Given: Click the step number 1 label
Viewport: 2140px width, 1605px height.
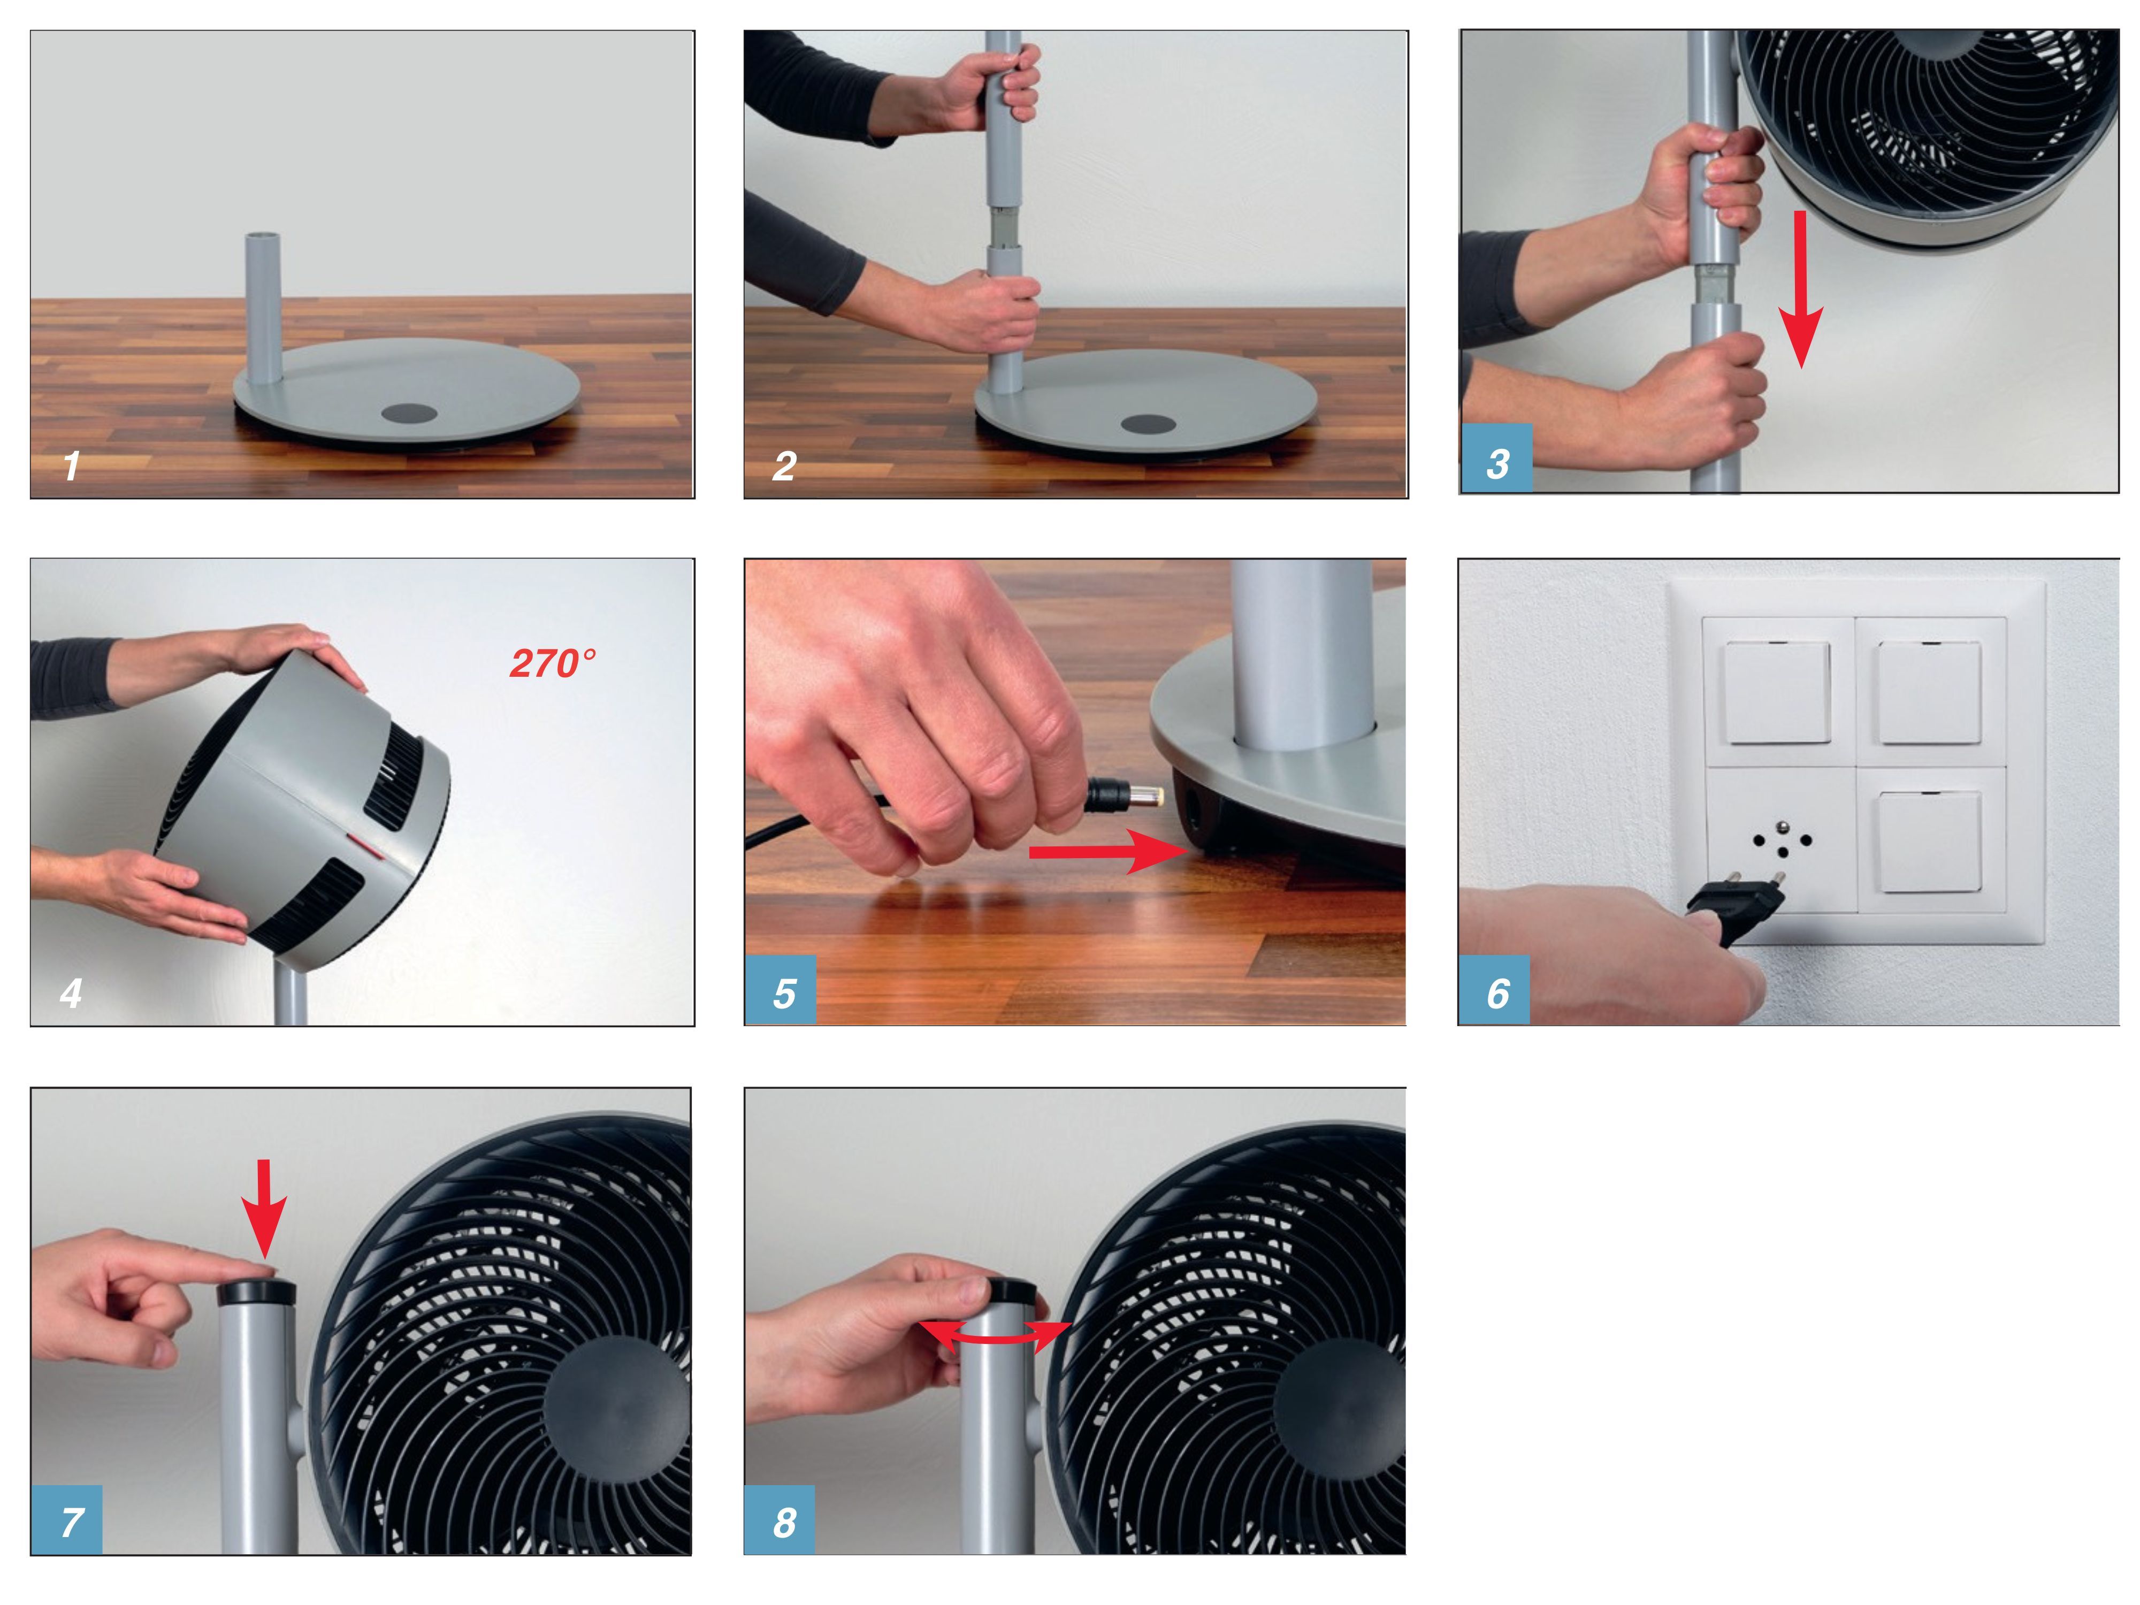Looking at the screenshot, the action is [71, 467].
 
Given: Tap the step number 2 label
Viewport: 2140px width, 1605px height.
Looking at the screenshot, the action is [785, 467].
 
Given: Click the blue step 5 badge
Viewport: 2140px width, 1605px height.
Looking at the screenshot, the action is [780, 991].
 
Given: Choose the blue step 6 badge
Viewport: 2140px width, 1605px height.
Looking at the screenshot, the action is [1494, 991].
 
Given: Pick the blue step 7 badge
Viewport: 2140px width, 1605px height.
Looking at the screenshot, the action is [67, 1521].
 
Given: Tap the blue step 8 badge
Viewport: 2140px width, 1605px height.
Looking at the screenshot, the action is [780, 1521].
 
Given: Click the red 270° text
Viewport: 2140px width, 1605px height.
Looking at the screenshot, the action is [553, 664].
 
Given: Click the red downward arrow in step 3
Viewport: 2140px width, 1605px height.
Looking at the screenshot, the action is [1800, 289].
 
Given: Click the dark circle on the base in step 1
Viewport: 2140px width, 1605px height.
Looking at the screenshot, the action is [409, 413].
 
